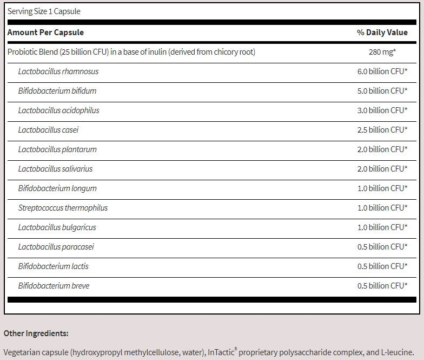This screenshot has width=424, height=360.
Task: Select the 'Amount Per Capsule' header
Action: tap(45, 32)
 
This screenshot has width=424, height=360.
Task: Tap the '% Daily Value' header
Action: tap(382, 32)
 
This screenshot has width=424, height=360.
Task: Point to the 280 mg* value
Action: tap(382, 52)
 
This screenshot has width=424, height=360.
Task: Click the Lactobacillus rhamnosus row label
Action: tap(58, 71)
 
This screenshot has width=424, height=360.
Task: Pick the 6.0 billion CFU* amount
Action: tap(382, 71)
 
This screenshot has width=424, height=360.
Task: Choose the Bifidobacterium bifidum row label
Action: tap(57, 91)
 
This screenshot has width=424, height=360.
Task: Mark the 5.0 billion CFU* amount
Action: tap(382, 91)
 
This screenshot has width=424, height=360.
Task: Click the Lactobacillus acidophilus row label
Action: tap(59, 110)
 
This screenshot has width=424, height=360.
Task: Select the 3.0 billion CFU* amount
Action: tap(382, 110)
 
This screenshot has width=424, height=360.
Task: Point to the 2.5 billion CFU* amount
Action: tap(382, 130)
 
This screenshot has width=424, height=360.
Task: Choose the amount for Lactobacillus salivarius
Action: tap(382, 169)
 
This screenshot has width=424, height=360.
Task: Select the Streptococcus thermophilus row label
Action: tap(63, 208)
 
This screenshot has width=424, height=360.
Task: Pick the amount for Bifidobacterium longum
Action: tap(382, 188)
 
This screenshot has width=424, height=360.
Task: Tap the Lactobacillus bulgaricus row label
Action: tap(57, 227)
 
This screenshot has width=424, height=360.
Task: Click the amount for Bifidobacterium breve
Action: tap(382, 286)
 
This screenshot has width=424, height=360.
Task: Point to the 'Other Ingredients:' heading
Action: tap(36, 333)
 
